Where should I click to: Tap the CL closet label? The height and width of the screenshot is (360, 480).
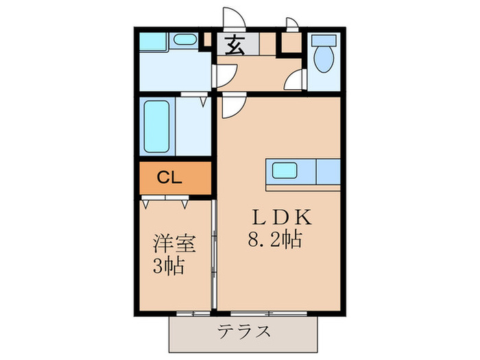pyautogui.click(x=169, y=178)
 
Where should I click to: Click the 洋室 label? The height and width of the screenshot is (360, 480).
pyautogui.click(x=176, y=243)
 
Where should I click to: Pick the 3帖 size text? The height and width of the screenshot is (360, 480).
pyautogui.click(x=169, y=265)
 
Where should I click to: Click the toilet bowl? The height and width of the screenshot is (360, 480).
pyautogui.click(x=322, y=53)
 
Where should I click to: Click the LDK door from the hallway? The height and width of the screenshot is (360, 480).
pyautogui.click(x=230, y=105)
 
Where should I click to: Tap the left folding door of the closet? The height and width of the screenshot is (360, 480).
pyautogui.click(x=154, y=201)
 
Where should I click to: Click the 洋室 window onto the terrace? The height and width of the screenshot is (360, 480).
pyautogui.click(x=191, y=313)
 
